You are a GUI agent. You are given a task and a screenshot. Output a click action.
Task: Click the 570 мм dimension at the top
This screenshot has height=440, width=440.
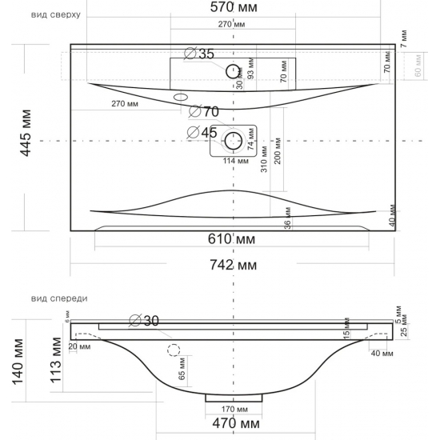pos(234,8)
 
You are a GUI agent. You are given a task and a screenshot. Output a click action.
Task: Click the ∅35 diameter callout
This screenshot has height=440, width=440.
pos(199,54)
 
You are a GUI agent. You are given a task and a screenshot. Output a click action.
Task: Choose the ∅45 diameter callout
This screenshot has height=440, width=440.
pos(202,132)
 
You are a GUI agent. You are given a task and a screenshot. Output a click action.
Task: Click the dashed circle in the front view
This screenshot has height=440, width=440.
pos(174,350)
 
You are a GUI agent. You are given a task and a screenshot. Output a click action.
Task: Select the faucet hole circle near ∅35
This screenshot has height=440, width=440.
pos(234,69)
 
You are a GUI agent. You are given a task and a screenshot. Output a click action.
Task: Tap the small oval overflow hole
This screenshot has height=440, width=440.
pos(181,97)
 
